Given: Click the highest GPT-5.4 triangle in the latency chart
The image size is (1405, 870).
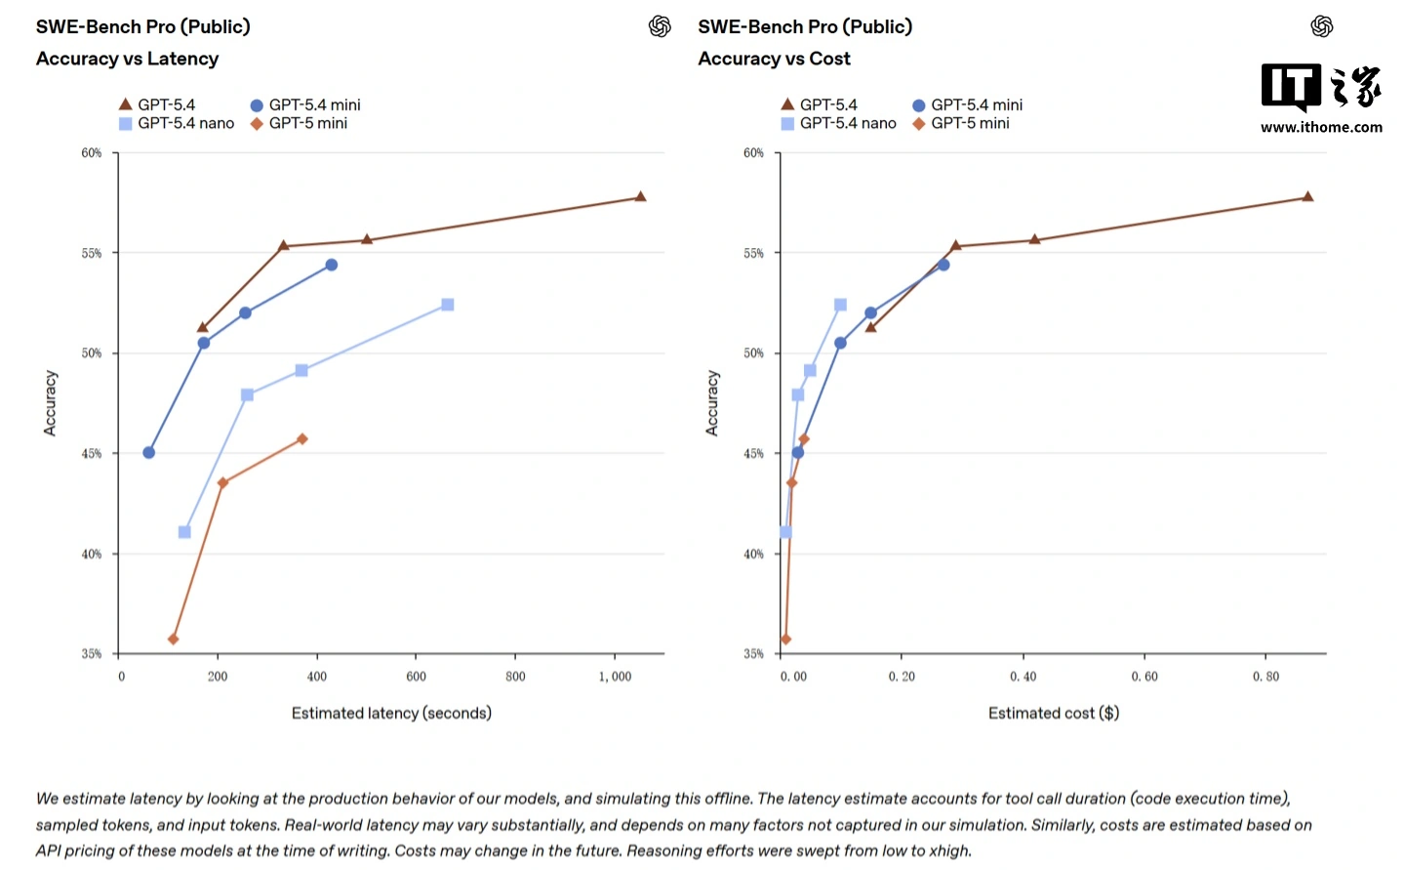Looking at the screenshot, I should [x=641, y=197].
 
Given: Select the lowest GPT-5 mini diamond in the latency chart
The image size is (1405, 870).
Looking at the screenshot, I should [x=174, y=640].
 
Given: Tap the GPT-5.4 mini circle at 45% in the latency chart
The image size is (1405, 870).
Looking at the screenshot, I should [x=149, y=453].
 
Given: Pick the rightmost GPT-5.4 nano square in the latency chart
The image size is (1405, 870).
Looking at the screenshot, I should [x=448, y=305].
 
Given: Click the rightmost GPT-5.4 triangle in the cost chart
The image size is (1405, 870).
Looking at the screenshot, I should [x=1308, y=197].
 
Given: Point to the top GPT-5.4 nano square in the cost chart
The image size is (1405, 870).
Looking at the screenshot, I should [x=841, y=305].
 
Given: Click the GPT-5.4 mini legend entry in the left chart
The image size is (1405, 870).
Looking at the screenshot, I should [x=305, y=104].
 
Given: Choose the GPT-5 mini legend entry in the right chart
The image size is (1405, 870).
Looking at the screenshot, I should [x=961, y=123].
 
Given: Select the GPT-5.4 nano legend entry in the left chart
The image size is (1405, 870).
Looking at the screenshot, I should [x=177, y=123].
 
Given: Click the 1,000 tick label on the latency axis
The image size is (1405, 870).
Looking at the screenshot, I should [x=615, y=677].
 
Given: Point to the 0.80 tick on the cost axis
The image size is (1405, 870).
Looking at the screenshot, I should [x=1265, y=677].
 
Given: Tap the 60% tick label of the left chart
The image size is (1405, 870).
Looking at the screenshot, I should [x=92, y=153].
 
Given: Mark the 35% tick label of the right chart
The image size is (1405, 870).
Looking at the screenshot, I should [x=754, y=654].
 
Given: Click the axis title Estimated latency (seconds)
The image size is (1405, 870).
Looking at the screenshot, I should [x=391, y=713].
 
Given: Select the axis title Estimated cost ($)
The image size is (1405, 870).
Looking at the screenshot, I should [x=1054, y=713].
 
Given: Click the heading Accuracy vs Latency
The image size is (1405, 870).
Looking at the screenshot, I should [x=128, y=59].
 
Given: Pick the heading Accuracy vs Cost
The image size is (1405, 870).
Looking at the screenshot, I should [x=775, y=59].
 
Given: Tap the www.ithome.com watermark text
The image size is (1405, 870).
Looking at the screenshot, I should [x=1321, y=127].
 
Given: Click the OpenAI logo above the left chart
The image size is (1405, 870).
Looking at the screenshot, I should [x=660, y=26].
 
